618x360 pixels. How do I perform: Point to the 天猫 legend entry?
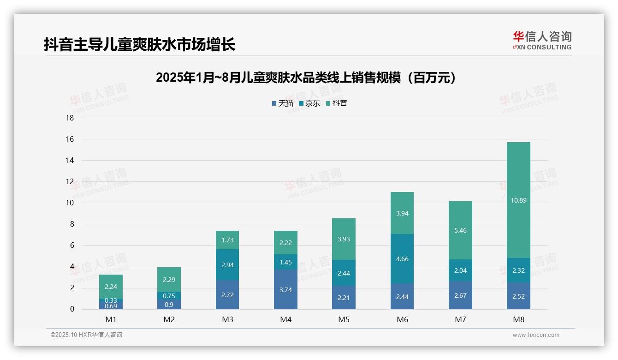[x=283, y=103]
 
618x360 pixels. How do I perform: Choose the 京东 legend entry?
[x=309, y=103]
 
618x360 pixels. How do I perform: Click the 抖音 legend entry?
[x=337, y=103]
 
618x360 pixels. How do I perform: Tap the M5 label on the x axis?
[x=344, y=319]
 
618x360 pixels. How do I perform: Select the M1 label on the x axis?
[x=111, y=319]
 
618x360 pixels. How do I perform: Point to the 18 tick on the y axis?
[x=70, y=118]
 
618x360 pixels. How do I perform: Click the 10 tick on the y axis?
[x=70, y=203]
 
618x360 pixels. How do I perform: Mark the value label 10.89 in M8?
[x=518, y=200]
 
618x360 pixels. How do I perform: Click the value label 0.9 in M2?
[x=169, y=305]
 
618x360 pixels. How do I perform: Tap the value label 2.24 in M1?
[x=111, y=287]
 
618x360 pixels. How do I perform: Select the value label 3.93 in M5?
[x=344, y=239]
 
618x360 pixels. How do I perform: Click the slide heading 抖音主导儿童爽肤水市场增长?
[x=140, y=45]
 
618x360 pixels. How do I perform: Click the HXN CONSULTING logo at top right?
[x=542, y=41]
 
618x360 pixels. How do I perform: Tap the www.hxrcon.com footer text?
[x=536, y=335]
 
